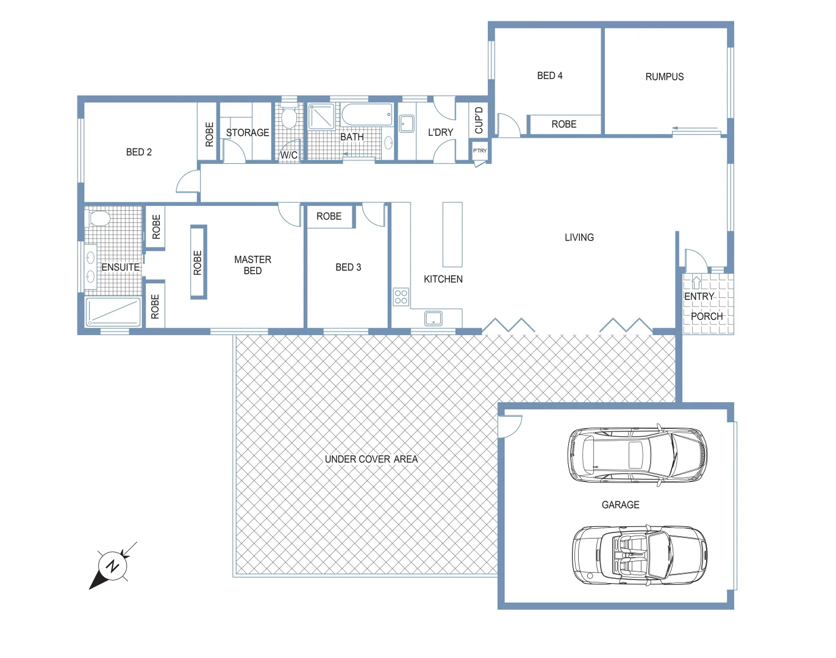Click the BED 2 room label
pos(139,152)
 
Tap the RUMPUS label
pos(664,77)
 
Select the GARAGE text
pos(620,505)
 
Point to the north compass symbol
pos(112,567)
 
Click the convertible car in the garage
pos(640,556)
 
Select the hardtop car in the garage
pos(638,455)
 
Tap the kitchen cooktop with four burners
pos(401,297)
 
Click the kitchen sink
pos(434,318)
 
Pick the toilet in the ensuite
pos(99,218)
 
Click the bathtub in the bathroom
pos(367,115)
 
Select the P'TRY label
pos(480,150)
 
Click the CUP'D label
pos(479,120)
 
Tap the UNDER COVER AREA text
pos(371,459)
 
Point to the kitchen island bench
pos(452,235)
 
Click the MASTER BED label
pos(252,265)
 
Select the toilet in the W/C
pos(289,118)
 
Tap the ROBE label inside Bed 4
pos(563,124)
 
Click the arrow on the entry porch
pos(697,283)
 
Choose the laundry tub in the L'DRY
pos(406,124)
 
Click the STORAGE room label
pos(248,133)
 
